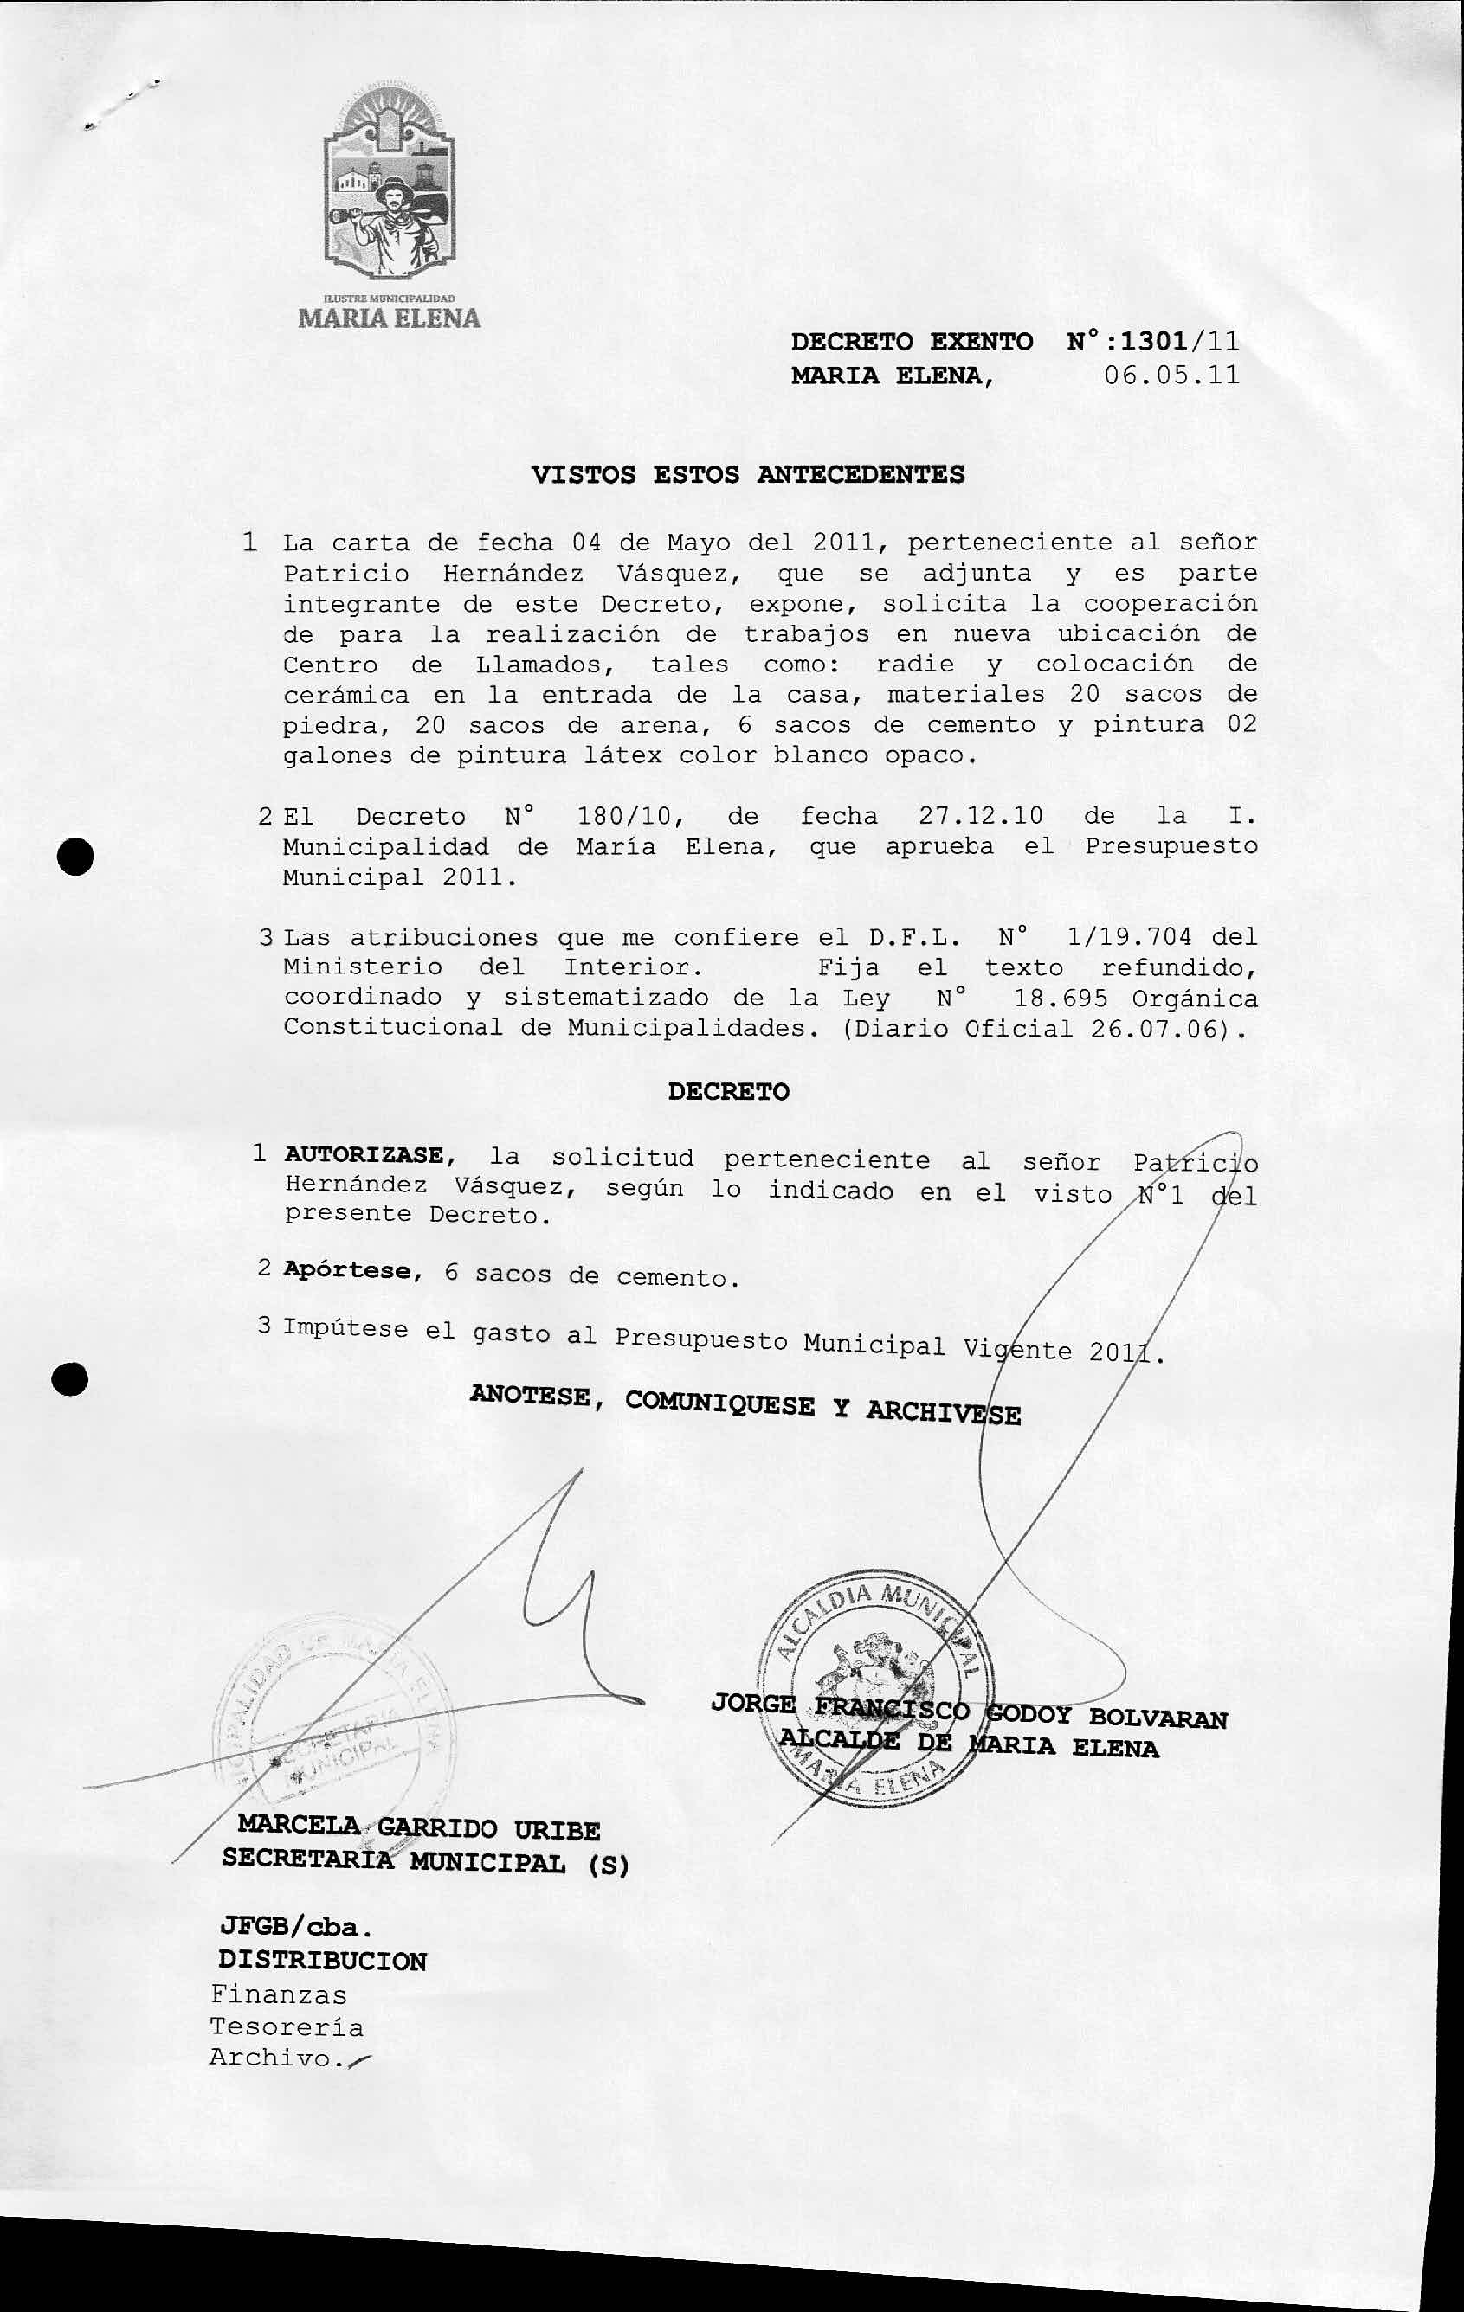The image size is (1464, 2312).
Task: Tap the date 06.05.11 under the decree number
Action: coord(1171,375)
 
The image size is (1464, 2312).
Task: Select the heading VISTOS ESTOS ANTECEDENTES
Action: coord(747,474)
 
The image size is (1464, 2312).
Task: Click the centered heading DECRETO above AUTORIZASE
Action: coord(728,1092)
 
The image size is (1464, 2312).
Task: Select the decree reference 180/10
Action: coord(629,816)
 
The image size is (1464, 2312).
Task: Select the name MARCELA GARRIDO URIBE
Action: coord(419,1828)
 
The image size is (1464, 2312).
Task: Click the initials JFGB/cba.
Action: coord(294,1927)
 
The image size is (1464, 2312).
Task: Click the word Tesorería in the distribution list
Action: coord(287,2028)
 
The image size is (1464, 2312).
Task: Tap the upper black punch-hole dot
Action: coord(75,853)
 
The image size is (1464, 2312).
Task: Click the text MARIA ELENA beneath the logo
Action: coord(389,318)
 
